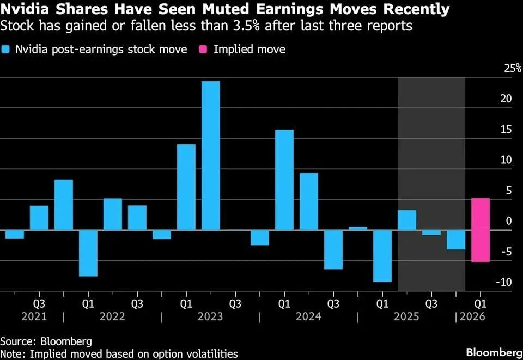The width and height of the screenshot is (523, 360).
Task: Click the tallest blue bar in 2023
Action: (210, 155)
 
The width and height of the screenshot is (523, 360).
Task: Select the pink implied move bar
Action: (480, 230)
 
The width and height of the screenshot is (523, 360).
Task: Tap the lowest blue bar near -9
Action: (382, 255)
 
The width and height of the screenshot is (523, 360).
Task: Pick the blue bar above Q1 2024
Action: (284, 180)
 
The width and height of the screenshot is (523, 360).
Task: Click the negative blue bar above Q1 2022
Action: (88, 253)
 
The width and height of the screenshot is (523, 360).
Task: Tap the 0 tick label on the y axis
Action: (508, 221)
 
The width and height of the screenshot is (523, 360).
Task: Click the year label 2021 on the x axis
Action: (34, 316)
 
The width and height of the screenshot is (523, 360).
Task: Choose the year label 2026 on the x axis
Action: (472, 316)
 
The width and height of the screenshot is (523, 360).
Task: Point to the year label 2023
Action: (210, 316)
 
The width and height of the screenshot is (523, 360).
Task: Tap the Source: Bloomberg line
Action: (46, 341)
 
